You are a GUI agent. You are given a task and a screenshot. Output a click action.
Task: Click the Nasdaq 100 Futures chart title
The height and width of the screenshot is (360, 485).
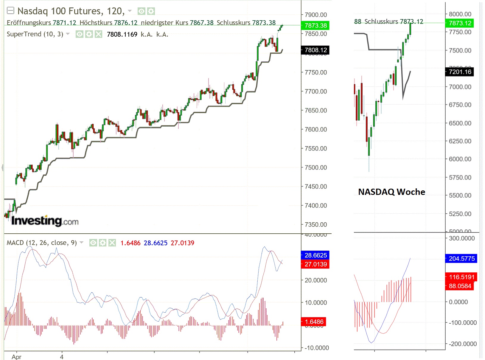pos(71,11)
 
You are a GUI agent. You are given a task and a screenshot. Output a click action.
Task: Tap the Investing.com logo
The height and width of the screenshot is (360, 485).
pos(45,221)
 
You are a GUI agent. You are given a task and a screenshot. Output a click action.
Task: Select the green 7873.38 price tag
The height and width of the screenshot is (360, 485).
pos(315,25)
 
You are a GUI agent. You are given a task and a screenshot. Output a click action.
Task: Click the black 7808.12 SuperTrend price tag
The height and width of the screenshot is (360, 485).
pos(315,50)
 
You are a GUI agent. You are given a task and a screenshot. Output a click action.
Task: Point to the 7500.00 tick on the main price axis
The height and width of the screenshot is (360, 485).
pos(315,167)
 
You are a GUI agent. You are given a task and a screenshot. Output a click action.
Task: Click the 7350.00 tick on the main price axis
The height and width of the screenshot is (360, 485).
pos(315,224)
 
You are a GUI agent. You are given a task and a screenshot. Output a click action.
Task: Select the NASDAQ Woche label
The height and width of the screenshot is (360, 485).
pos(391,192)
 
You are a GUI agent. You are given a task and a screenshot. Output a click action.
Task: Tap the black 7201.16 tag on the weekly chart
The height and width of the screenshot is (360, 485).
pos(460,72)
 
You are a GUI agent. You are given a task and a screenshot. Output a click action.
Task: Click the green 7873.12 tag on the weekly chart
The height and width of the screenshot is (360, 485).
pos(460,23)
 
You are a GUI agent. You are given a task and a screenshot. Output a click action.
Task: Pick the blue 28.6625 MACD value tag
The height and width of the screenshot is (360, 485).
pos(315,255)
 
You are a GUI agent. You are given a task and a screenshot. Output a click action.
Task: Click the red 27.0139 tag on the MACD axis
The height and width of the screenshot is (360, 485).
pos(315,264)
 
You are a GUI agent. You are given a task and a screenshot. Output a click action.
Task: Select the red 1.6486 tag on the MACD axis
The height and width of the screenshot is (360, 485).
pos(314,322)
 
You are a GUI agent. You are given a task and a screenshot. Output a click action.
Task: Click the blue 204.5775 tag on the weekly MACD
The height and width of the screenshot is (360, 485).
pos(461,258)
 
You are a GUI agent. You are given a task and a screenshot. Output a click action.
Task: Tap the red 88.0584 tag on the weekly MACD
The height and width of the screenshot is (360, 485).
pos(460,286)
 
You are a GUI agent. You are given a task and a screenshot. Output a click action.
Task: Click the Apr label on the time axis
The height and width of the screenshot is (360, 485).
pos(16,357)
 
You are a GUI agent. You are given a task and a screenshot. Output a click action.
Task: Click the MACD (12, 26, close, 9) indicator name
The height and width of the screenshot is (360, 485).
pos(41,243)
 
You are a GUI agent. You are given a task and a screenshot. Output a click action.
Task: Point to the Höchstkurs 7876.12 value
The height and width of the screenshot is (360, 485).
pos(108,23)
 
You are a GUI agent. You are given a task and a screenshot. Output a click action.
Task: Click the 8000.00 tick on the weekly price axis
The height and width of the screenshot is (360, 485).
pos(460,14)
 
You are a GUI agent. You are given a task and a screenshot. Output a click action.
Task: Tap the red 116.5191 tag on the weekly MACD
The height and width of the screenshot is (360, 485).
pos(461,277)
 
